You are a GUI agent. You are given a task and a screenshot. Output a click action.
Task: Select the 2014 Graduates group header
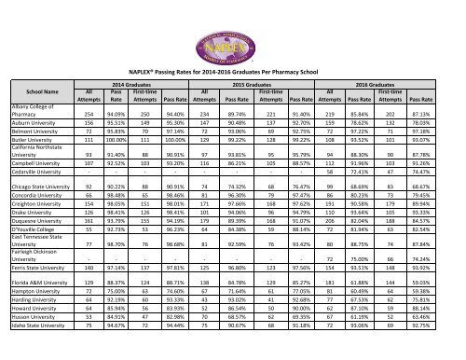(131, 84)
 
